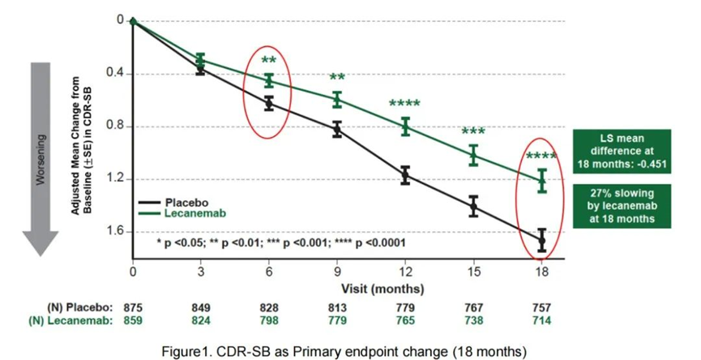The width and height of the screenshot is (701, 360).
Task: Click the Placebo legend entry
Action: click(x=186, y=201)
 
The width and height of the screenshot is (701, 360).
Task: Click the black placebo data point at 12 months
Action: click(x=405, y=175)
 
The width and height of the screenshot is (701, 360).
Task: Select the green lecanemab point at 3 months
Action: click(x=201, y=59)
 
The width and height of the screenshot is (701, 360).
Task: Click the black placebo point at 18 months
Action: click(x=542, y=240)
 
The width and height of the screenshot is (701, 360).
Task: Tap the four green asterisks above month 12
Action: click(x=404, y=104)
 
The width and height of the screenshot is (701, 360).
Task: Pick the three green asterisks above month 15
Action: click(x=473, y=131)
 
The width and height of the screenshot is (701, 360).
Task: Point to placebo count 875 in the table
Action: click(x=133, y=308)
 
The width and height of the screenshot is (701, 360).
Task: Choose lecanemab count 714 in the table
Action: click(x=542, y=321)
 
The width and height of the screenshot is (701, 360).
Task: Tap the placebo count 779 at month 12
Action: click(x=405, y=308)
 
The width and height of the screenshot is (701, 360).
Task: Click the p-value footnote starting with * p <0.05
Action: click(x=280, y=242)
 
